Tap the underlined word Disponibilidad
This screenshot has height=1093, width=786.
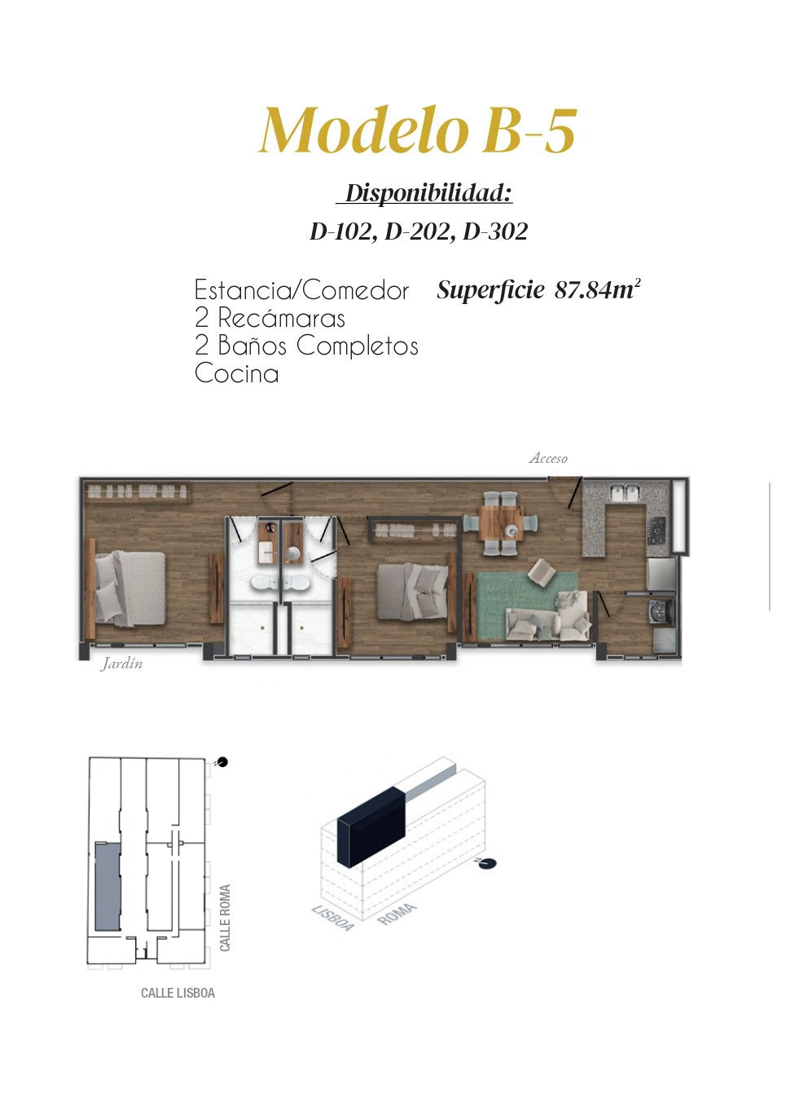pyautogui.click(x=428, y=193)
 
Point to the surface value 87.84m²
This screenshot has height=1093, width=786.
pyautogui.click(x=597, y=290)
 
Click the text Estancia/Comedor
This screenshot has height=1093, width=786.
pyautogui.click(x=301, y=290)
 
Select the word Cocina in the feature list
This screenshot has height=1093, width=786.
pyautogui.click(x=236, y=373)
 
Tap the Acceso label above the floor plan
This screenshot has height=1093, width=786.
pyautogui.click(x=548, y=458)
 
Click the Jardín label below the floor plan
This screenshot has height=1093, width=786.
pyautogui.click(x=122, y=663)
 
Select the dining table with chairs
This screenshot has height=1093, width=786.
pyautogui.click(x=502, y=523)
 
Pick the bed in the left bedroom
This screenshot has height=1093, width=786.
pyautogui.click(x=130, y=588)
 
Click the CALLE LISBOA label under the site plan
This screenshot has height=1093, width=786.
pyautogui.click(x=178, y=993)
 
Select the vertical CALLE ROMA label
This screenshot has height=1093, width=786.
pyautogui.click(x=225, y=918)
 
